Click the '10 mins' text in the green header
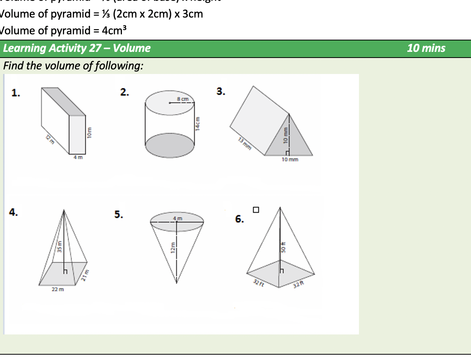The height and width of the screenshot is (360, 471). click(x=426, y=48)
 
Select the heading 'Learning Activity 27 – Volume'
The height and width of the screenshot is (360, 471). click(x=77, y=48)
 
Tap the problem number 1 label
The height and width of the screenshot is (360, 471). click(x=16, y=93)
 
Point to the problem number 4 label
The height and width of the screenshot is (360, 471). click(x=14, y=212)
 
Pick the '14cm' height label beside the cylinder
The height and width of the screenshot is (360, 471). click(x=198, y=124)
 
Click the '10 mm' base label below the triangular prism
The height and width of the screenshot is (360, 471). click(x=290, y=159)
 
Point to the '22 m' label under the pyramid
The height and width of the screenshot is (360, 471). click(x=58, y=290)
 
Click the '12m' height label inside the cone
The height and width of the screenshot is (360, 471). click(x=172, y=248)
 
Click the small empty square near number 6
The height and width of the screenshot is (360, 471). click(x=256, y=209)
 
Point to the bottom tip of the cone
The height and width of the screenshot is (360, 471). click(x=176, y=283)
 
